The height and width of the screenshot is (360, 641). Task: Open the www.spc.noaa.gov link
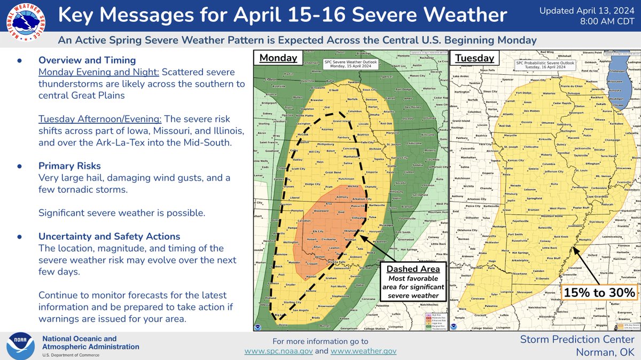(285, 351)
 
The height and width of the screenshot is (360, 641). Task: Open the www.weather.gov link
(363, 351)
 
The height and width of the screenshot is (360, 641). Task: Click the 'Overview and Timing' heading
(87, 60)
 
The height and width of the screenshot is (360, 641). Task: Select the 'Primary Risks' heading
(69, 166)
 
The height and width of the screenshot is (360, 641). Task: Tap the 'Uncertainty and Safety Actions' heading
(109, 236)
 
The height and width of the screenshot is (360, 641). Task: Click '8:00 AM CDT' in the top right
(607, 22)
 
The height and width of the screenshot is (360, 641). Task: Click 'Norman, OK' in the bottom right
(605, 352)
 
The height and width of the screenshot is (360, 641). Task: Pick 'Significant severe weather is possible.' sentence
(122, 213)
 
